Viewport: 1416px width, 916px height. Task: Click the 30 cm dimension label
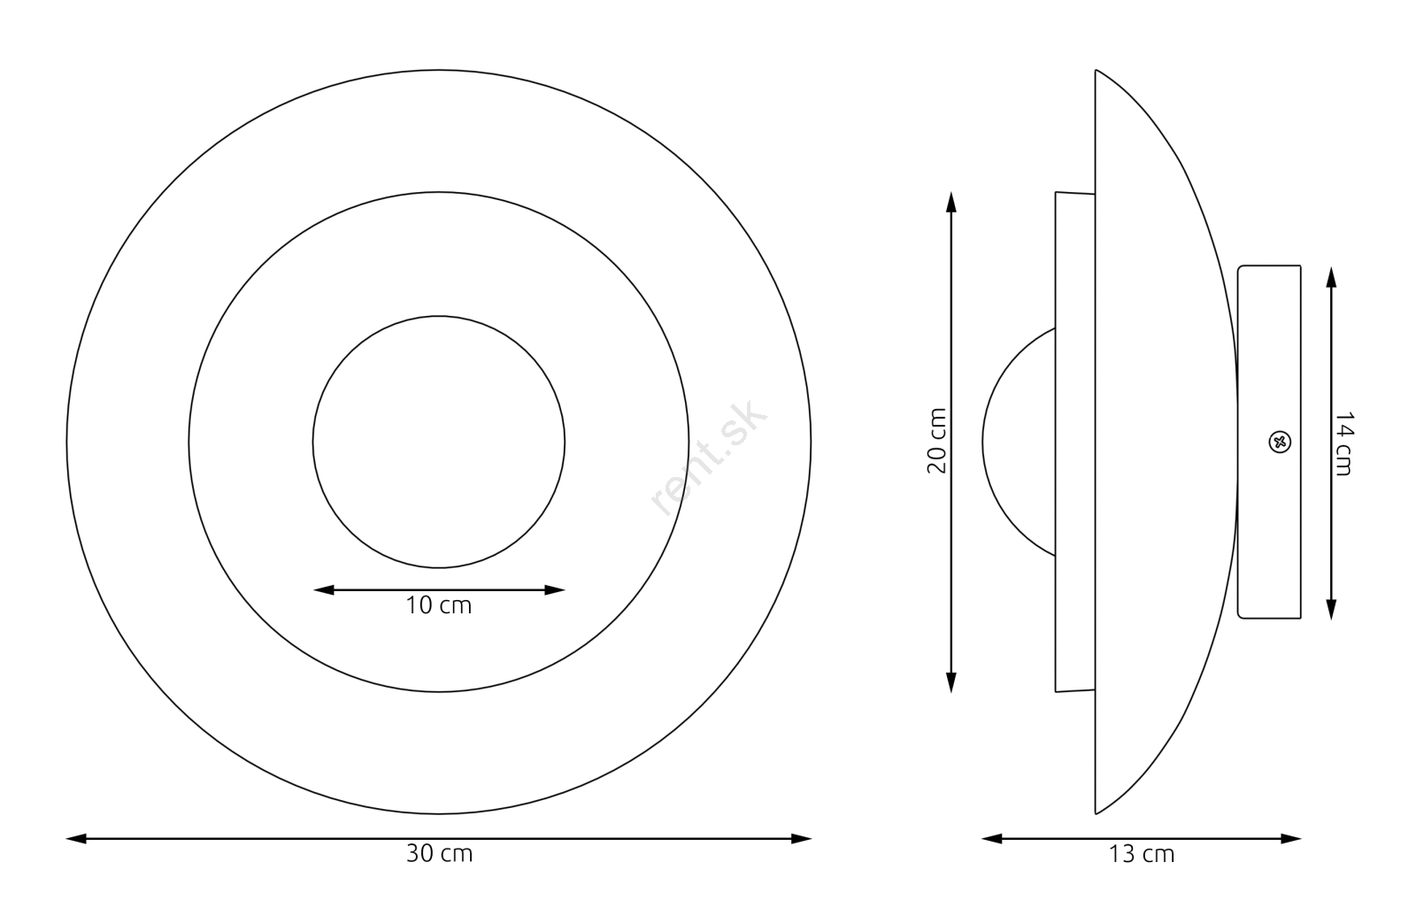[439, 854]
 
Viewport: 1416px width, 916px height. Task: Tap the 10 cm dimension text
[439, 605]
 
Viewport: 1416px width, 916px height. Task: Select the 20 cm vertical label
[937, 441]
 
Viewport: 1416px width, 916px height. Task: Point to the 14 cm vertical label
[1343, 444]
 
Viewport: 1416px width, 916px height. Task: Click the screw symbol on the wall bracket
[1280, 442]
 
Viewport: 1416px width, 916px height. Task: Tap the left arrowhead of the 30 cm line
[76, 839]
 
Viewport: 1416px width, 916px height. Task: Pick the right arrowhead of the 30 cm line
[802, 839]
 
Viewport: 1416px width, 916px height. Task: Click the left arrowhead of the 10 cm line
[324, 590]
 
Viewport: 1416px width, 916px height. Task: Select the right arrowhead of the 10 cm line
[554, 590]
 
